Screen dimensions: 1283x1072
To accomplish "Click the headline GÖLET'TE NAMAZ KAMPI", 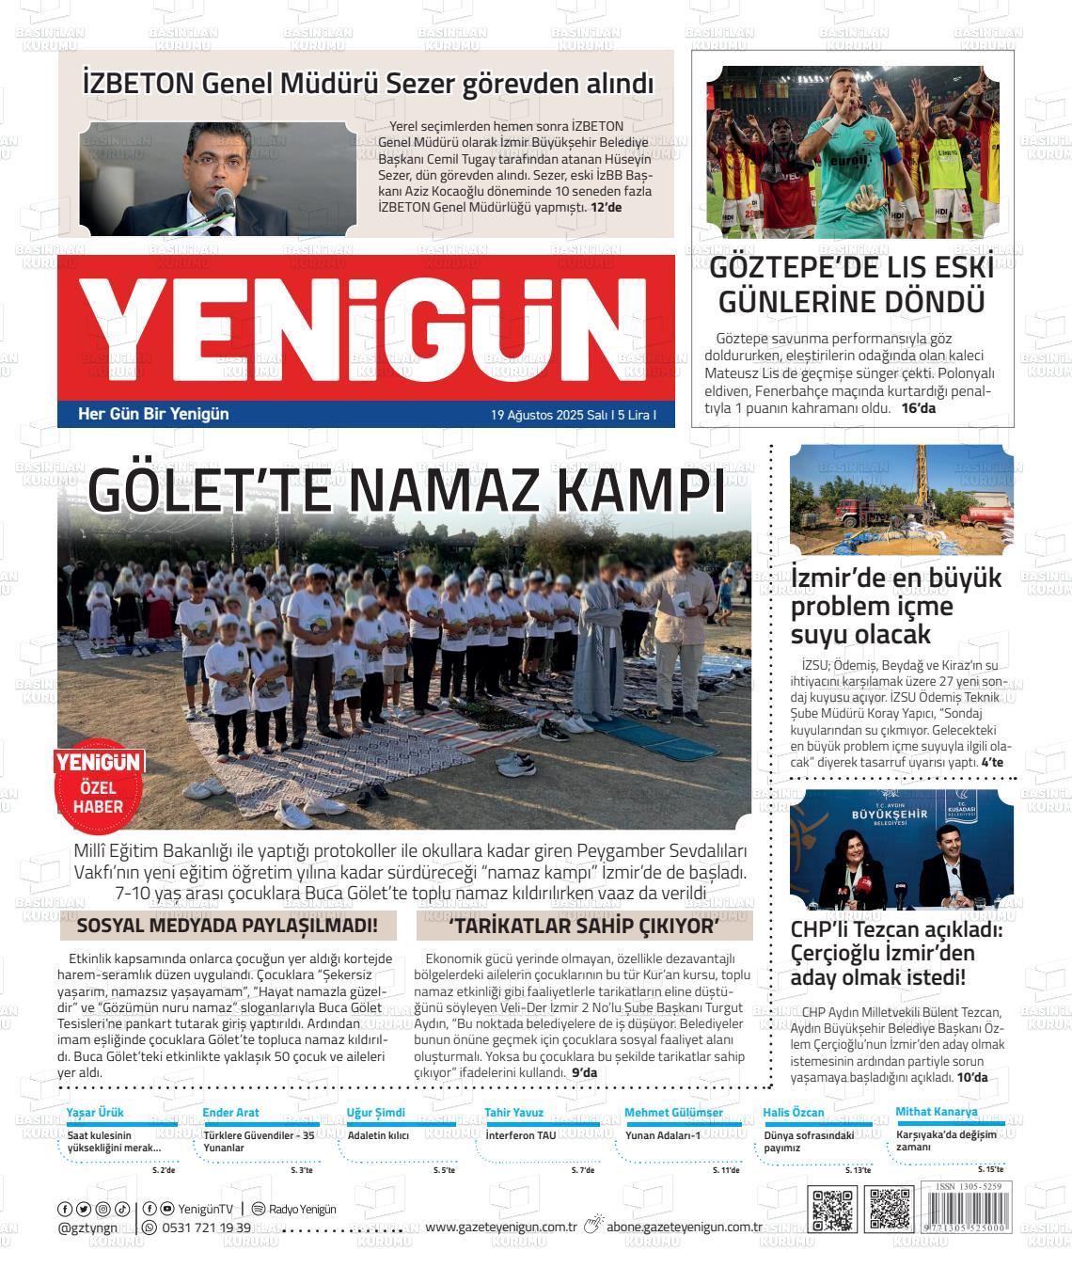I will point(407,489).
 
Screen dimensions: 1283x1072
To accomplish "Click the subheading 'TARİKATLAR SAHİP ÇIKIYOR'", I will point(584,926).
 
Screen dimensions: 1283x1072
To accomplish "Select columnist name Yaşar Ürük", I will point(95,1113).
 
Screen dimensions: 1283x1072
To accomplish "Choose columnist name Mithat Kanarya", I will point(936,1112).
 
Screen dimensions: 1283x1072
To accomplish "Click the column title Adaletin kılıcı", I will point(378,1135).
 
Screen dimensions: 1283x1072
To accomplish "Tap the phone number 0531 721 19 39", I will point(206,1228).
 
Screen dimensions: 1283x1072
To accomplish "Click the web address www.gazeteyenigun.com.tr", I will point(500,1227).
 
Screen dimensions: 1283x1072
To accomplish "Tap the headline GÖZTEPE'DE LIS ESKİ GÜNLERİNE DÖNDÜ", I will point(851,285).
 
